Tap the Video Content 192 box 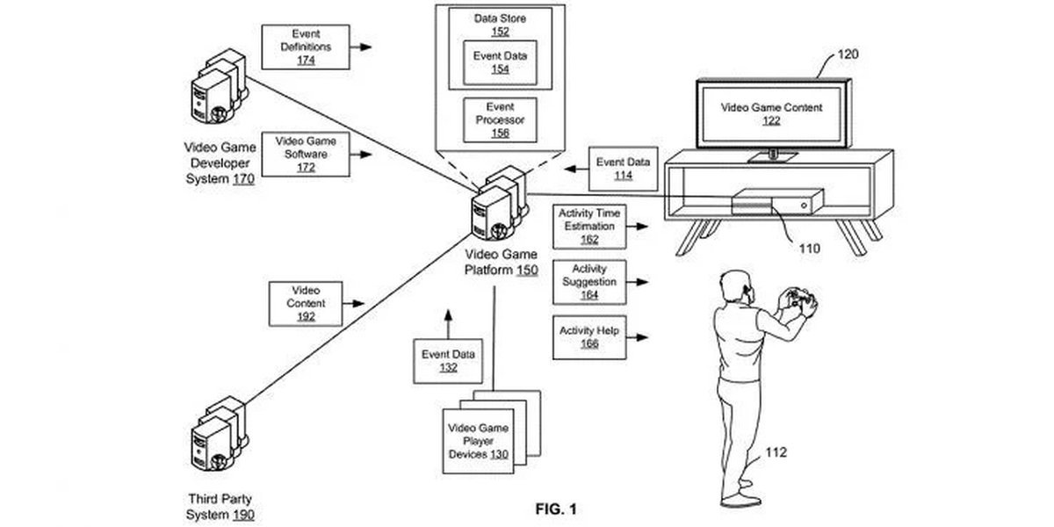click(x=306, y=303)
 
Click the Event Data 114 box click(x=623, y=169)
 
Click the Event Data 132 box click(x=448, y=361)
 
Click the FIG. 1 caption click(x=556, y=509)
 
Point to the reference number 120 click(x=848, y=54)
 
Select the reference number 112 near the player click(x=776, y=453)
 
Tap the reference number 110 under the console click(x=809, y=248)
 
